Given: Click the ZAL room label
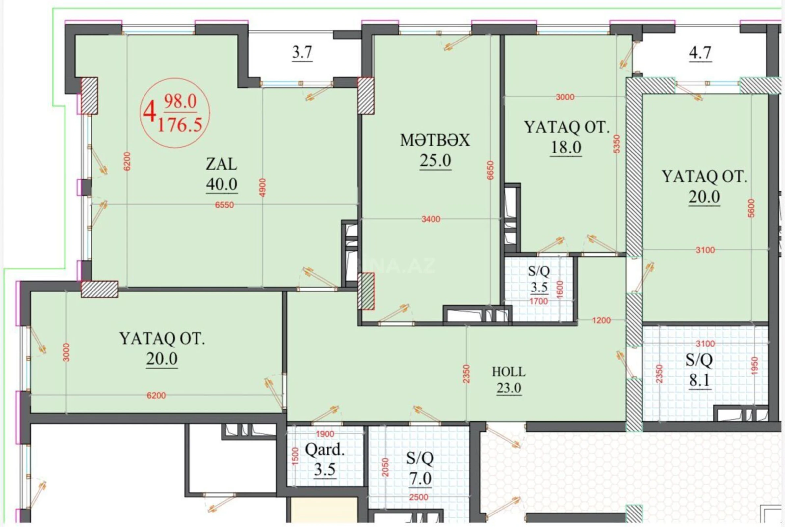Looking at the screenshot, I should point(221,164).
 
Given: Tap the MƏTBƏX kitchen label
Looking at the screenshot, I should point(435,141).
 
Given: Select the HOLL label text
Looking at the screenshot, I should point(509,372).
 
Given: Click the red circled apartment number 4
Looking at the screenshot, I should point(150,113).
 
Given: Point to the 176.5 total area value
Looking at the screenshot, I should point(180,125).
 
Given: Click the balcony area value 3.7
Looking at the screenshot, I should point(302,53).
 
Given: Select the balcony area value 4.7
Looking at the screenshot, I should point(700,53).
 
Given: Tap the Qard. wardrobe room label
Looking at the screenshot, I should point(325,450).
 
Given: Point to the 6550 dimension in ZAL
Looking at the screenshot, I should point(224,205).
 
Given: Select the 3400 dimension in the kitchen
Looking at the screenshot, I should point(431,219).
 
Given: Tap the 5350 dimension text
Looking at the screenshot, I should point(617,144).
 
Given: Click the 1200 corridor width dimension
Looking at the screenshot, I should point(601,320).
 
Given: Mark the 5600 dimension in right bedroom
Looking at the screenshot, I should point(751,208).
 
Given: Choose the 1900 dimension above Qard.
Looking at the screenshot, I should point(325,434).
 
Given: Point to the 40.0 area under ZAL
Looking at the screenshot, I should point(222,184).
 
